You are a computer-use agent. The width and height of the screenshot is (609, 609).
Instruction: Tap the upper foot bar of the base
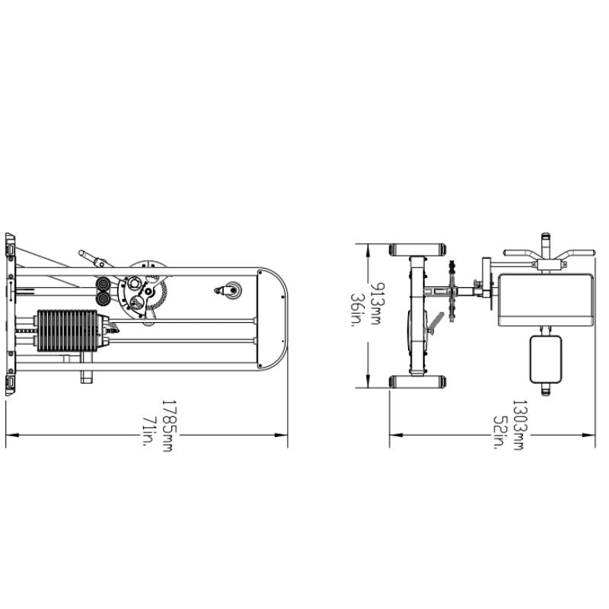(416, 250)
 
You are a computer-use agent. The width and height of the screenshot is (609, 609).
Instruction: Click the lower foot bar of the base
(416, 381)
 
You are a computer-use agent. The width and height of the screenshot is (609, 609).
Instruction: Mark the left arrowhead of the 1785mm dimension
(10, 436)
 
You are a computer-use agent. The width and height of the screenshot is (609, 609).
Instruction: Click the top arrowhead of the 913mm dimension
(368, 248)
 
